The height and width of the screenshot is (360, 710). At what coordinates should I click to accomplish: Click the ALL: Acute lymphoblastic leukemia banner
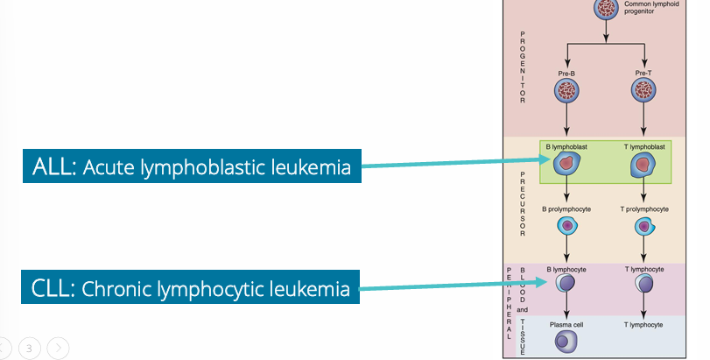(192, 167)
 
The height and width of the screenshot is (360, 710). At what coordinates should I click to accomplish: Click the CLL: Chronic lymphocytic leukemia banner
(192, 288)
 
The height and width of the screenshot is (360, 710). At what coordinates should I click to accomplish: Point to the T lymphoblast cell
(646, 164)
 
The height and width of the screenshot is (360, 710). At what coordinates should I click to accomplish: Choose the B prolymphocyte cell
(566, 226)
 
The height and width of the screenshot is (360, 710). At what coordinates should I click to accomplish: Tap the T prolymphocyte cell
(646, 226)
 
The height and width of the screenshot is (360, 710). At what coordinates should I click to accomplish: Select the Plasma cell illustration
(566, 341)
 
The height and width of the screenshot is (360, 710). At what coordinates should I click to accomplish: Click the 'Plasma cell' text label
(566, 323)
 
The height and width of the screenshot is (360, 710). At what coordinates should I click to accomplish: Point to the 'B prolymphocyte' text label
(566, 209)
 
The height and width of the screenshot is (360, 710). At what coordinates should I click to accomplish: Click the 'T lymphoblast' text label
(646, 146)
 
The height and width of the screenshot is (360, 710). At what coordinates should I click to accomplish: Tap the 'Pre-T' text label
(646, 73)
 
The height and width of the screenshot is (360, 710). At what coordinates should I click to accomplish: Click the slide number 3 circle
(29, 348)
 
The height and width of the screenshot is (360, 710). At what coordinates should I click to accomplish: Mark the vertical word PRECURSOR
(524, 202)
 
